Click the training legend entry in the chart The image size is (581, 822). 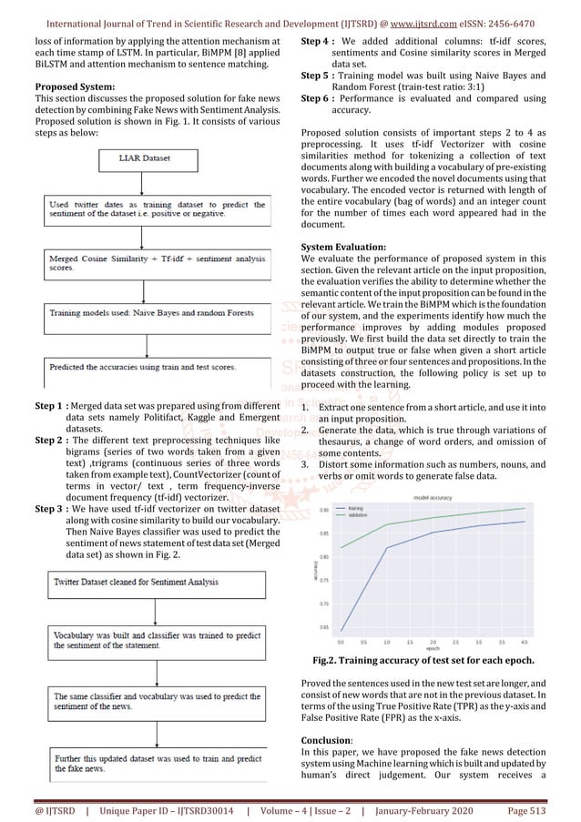point(356,511)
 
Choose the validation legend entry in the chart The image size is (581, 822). point(358,516)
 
